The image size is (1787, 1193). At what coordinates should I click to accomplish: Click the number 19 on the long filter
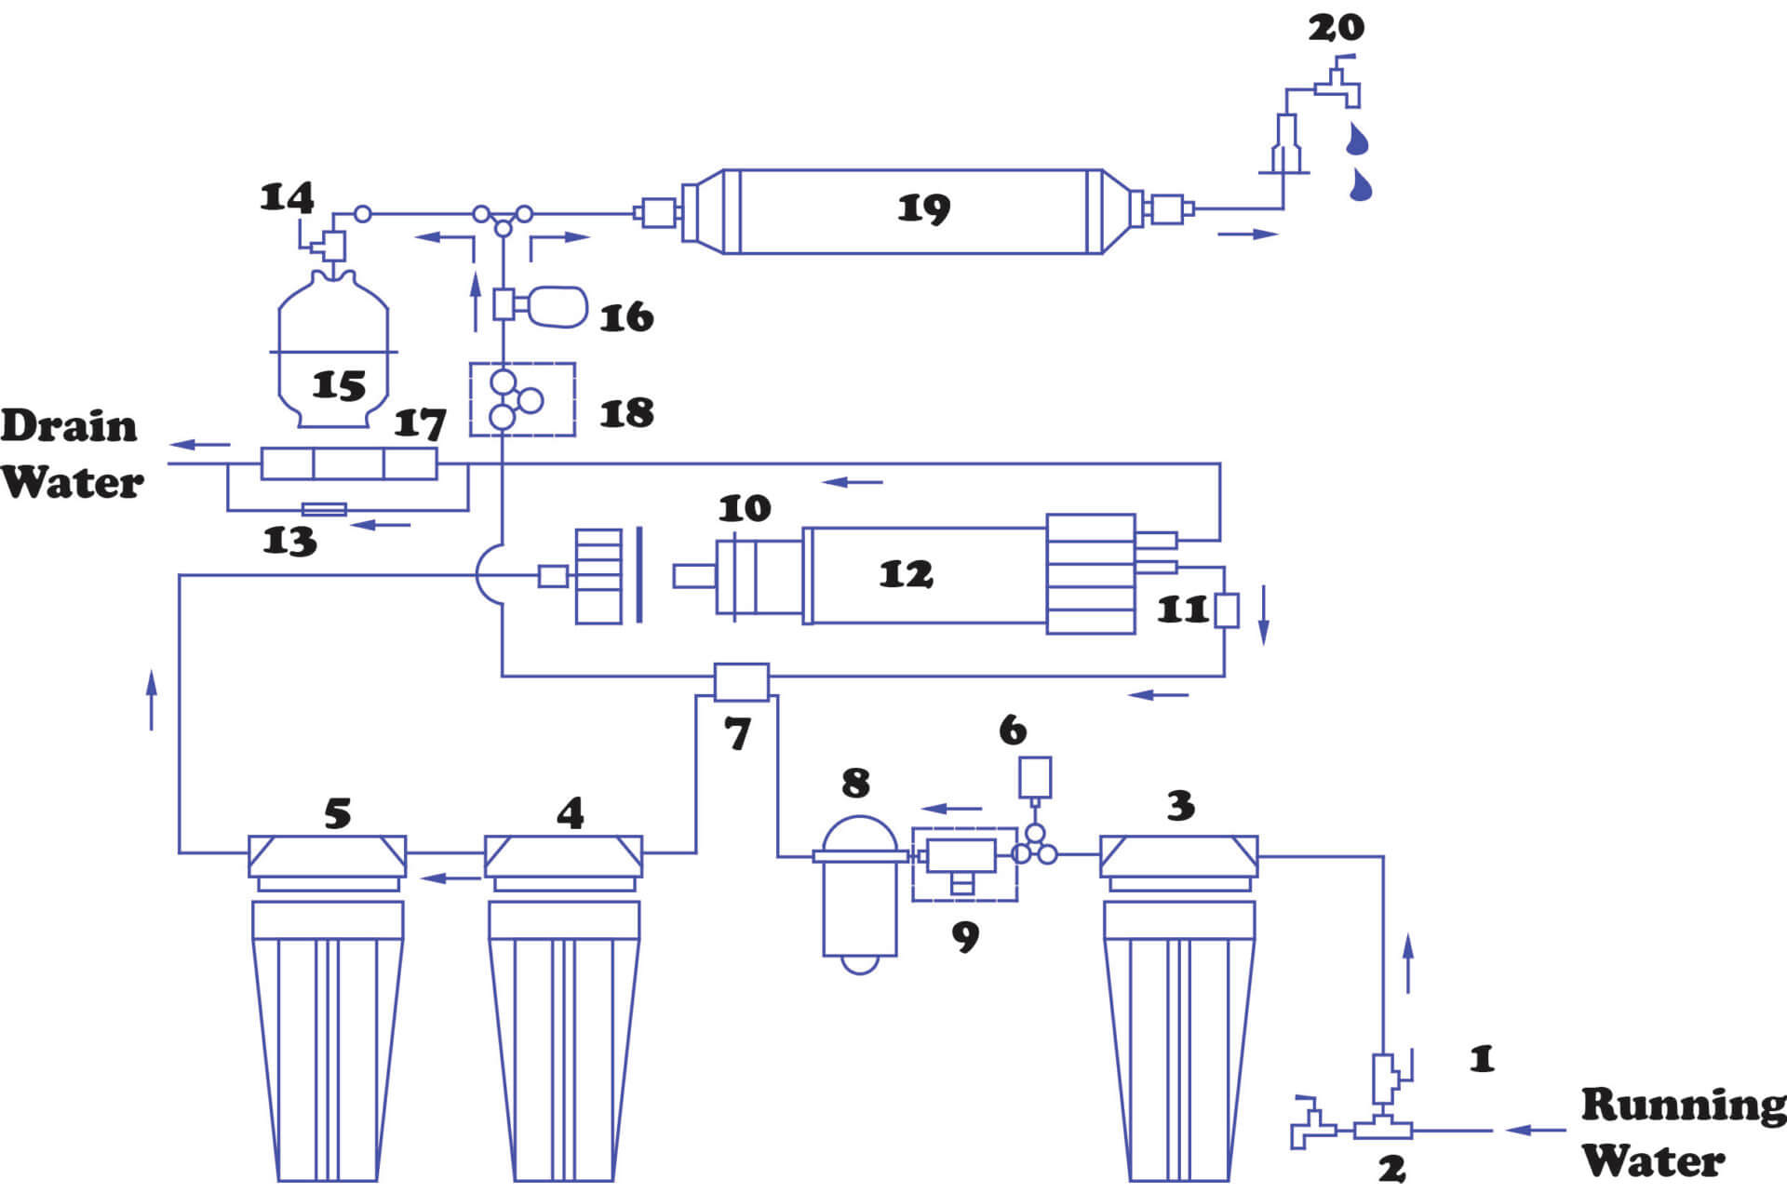[x=923, y=208]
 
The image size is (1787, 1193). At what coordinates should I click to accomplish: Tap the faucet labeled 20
[x=1337, y=86]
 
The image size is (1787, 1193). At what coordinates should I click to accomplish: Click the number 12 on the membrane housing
[x=906, y=574]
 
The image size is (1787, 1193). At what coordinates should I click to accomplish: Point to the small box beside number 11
[x=1227, y=610]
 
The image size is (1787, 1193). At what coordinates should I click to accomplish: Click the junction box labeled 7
[x=741, y=682]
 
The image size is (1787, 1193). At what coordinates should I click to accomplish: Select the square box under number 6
[x=1035, y=777]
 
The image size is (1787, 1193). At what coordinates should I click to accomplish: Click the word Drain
[x=69, y=426]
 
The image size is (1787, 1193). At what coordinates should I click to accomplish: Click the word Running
[x=1683, y=1105]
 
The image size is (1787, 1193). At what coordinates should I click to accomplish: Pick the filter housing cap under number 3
[x=1178, y=856]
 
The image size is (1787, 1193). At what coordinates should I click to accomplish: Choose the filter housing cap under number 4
[x=563, y=856]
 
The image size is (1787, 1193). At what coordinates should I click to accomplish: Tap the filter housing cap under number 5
[x=327, y=856]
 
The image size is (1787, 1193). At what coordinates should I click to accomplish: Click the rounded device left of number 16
[x=558, y=307]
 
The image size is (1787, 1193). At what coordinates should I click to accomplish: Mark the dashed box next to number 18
[x=522, y=400]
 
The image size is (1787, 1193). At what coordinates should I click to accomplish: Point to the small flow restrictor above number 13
[x=325, y=509]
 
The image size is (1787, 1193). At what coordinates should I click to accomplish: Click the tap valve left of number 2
[x=1312, y=1124]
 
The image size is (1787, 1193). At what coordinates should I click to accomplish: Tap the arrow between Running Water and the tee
[x=1536, y=1130]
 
